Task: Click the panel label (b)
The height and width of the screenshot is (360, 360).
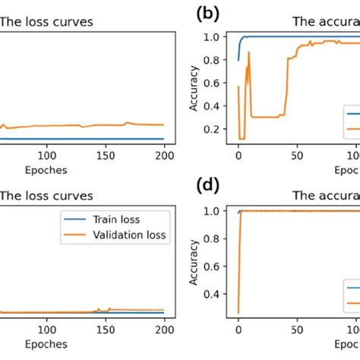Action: point(207,14)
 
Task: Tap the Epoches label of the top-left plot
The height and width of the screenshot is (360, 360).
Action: point(46,169)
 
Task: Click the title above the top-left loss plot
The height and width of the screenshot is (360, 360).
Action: point(46,22)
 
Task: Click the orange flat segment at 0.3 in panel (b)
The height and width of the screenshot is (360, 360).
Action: point(266,116)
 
